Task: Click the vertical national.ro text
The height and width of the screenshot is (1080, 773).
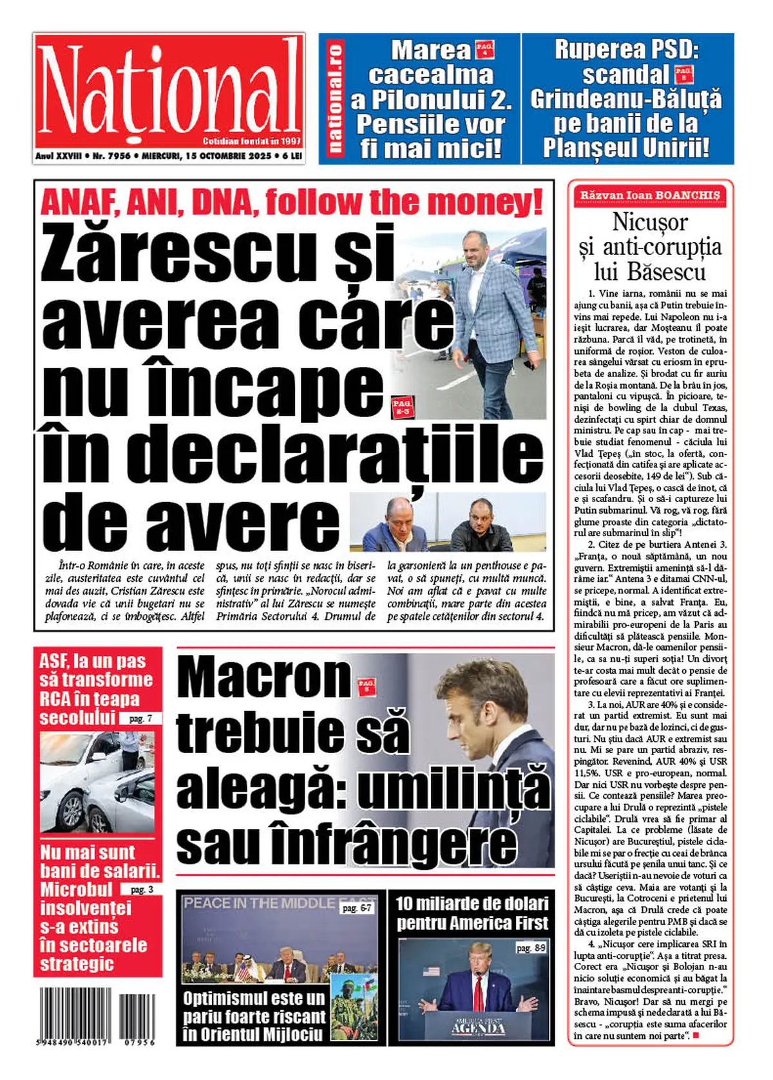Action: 336,98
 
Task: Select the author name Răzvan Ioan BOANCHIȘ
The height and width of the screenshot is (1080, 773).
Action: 649,195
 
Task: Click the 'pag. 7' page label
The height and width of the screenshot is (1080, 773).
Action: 141,718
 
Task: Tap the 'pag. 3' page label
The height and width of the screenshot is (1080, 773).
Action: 141,889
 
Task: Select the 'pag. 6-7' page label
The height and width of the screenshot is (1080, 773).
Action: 357,908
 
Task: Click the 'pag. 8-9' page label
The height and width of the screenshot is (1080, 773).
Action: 531,947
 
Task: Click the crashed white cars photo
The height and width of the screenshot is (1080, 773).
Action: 97,781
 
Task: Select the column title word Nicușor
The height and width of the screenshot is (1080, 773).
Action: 649,223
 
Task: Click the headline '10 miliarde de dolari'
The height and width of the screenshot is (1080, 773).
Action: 472,904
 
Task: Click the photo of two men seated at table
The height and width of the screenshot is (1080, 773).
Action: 448,522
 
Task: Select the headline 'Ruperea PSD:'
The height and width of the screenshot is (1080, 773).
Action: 626,50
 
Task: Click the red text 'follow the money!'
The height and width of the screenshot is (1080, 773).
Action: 404,202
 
